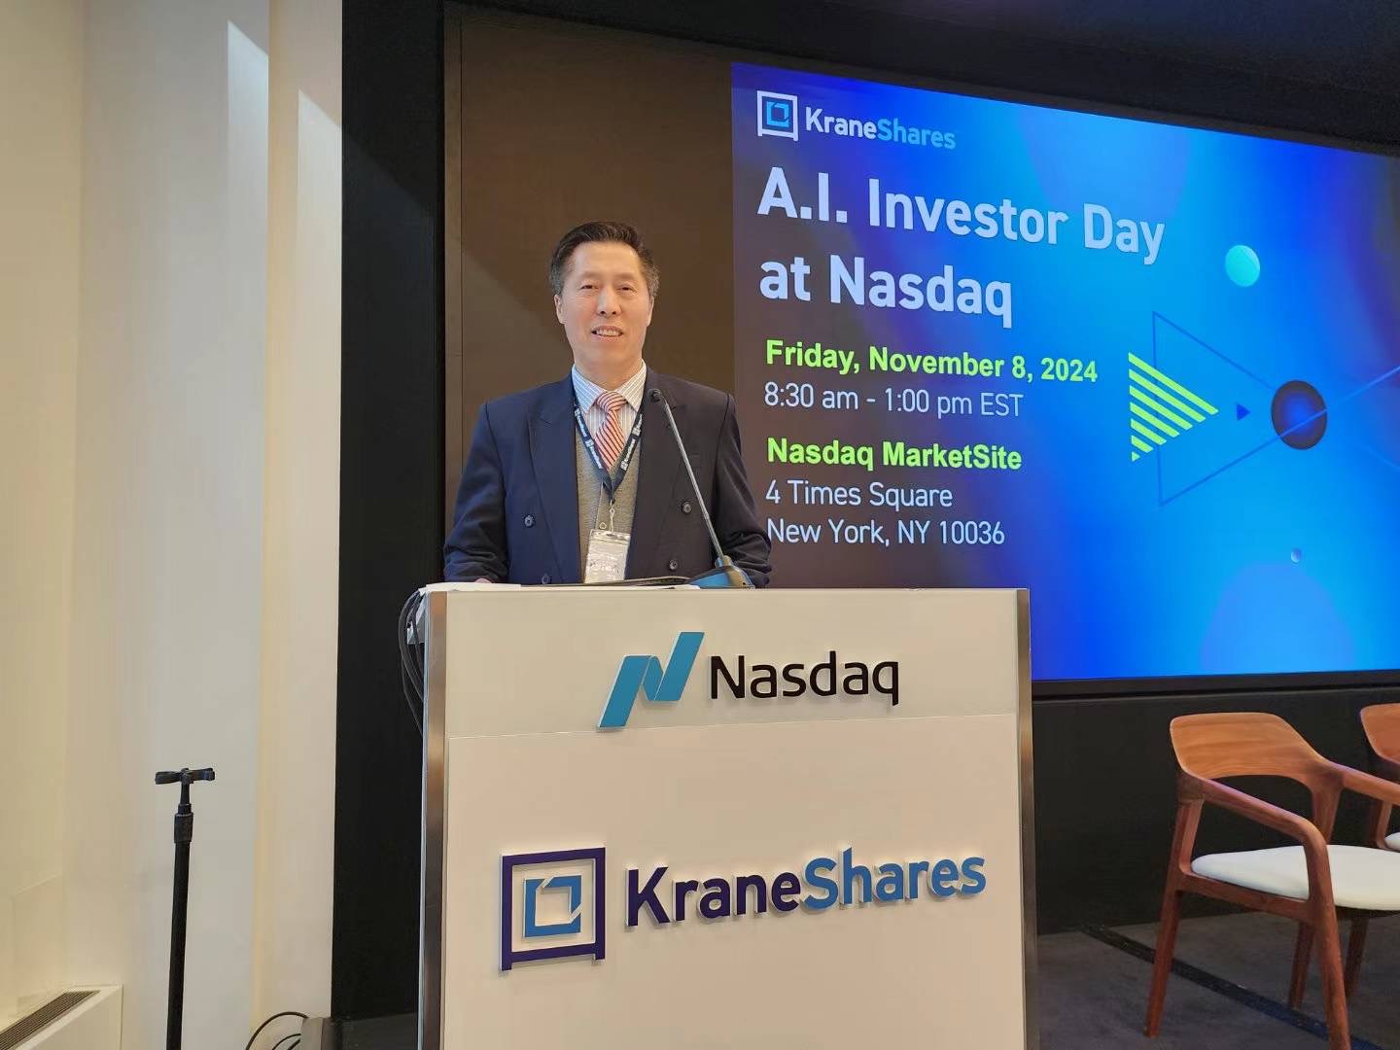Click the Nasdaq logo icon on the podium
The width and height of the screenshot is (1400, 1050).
pyautogui.click(x=650, y=679)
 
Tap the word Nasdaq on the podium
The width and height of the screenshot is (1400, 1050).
pyautogui.click(x=804, y=680)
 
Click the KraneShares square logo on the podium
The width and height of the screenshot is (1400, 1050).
pyautogui.click(x=552, y=908)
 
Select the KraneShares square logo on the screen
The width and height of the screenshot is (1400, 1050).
pyautogui.click(x=778, y=116)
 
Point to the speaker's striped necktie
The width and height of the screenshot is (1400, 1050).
pyautogui.click(x=611, y=427)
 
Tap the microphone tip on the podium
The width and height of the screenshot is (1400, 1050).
pyautogui.click(x=655, y=396)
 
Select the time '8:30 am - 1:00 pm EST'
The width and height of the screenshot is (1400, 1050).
pyautogui.click(x=893, y=402)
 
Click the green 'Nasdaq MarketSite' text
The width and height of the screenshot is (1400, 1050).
pyautogui.click(x=893, y=456)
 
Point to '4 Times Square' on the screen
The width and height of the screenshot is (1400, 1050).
pyautogui.click(x=859, y=495)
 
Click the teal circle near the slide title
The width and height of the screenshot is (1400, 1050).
pyautogui.click(x=1242, y=265)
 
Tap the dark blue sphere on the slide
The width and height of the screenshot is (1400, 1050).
pyautogui.click(x=1299, y=414)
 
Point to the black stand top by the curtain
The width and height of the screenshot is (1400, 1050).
pyautogui.click(x=185, y=777)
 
